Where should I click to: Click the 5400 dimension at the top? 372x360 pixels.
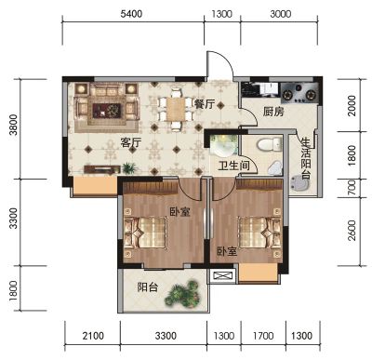pyautogui.click(x=131, y=14)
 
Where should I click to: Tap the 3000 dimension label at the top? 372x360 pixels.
pyautogui.click(x=280, y=14)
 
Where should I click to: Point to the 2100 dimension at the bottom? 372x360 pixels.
pyautogui.click(x=93, y=336)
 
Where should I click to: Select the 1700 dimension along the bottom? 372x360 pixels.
pyautogui.click(x=263, y=336)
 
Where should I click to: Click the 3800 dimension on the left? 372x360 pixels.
pyautogui.click(x=14, y=125)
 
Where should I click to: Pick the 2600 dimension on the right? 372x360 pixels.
pyautogui.click(x=352, y=231)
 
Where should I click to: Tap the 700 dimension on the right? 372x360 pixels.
pyautogui.click(x=352, y=188)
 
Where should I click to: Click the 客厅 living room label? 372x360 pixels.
pyautogui.click(x=131, y=143)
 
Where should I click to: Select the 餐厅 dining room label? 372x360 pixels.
pyautogui.click(x=205, y=104)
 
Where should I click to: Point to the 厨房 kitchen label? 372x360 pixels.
pyautogui.click(x=273, y=112)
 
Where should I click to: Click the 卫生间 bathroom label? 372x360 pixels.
pyautogui.click(x=233, y=166)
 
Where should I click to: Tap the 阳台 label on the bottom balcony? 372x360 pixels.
pyautogui.click(x=148, y=287)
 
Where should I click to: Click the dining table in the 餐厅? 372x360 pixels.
pyautogui.click(x=176, y=109)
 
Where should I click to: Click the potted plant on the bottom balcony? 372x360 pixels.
pyautogui.click(x=182, y=294)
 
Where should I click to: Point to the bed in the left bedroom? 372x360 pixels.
pyautogui.click(x=145, y=233)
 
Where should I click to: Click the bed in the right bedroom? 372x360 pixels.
pyautogui.click(x=259, y=233)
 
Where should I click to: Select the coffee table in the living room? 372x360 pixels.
pyautogui.click(x=107, y=111)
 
